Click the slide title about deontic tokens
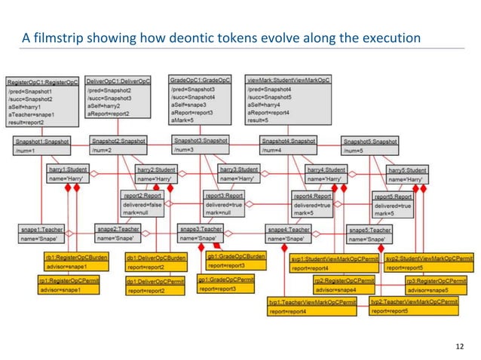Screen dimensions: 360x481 click(x=220, y=38)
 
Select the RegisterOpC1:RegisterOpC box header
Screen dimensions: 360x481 click(x=42, y=81)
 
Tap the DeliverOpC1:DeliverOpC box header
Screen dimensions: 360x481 click(x=118, y=81)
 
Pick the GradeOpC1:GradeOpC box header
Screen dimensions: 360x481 click(x=200, y=80)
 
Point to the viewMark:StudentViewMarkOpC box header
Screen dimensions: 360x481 click(x=289, y=80)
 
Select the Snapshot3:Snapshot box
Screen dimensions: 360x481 click(x=201, y=144)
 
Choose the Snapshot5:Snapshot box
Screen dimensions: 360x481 click(x=369, y=145)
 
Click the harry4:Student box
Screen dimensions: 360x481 click(x=326, y=175)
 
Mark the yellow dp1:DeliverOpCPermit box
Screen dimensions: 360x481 click(x=154, y=286)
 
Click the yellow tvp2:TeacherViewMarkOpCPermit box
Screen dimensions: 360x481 click(x=414, y=305)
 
